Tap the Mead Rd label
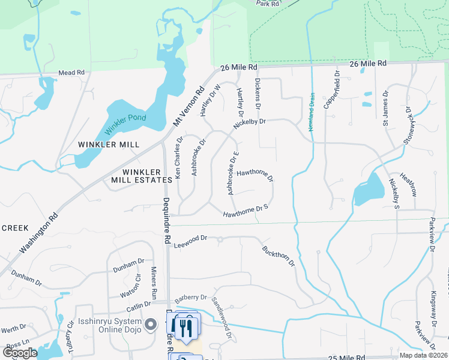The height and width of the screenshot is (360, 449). [x=71, y=73]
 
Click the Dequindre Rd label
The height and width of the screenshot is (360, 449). [x=166, y=221]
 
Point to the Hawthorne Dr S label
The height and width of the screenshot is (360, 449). [x=245, y=211]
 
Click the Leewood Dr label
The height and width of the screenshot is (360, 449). [x=190, y=241]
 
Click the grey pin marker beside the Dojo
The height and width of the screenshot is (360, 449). [x=152, y=325]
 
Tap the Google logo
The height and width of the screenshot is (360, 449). [x=20, y=353]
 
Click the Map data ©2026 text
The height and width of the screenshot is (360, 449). [x=423, y=355]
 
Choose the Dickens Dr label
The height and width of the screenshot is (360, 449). [x=258, y=95]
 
